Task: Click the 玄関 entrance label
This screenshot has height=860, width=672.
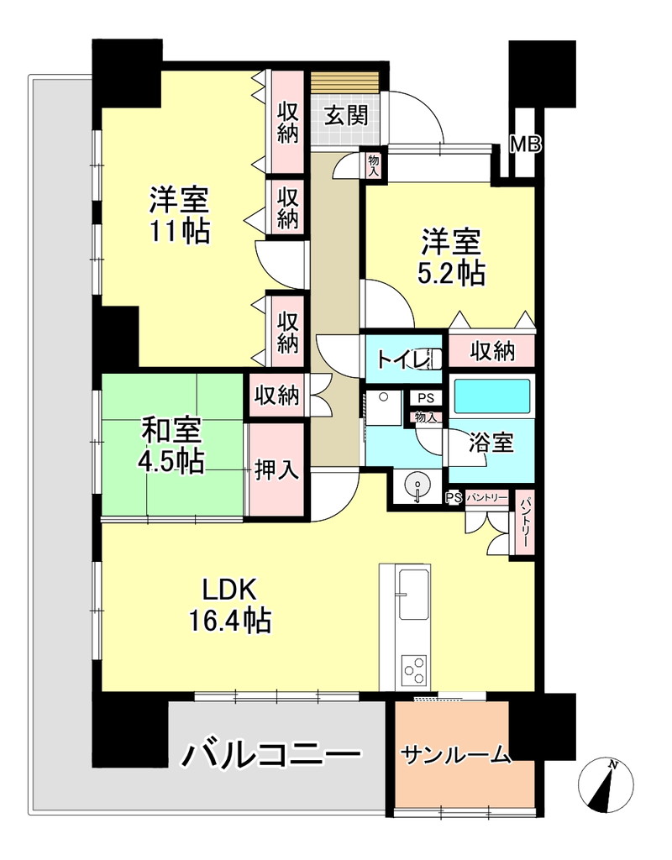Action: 345,116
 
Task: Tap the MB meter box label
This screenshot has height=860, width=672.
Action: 526,144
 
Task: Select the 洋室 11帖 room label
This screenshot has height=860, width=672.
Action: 180,216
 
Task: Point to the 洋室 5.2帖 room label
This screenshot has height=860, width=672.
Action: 451,258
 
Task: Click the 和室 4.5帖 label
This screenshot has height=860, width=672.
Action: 171,445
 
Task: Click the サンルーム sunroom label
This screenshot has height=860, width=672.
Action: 456,755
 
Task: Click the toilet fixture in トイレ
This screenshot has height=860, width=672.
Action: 431,359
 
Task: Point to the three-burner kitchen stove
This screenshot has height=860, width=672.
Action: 412,670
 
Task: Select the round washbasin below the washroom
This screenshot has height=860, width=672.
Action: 418,485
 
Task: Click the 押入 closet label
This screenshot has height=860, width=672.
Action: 276,469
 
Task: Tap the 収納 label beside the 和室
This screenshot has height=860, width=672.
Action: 277,395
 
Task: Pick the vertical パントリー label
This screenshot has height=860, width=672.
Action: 524,523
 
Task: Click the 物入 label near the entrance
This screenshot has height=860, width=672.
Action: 374,165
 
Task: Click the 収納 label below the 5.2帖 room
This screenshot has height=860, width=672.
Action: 491,351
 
